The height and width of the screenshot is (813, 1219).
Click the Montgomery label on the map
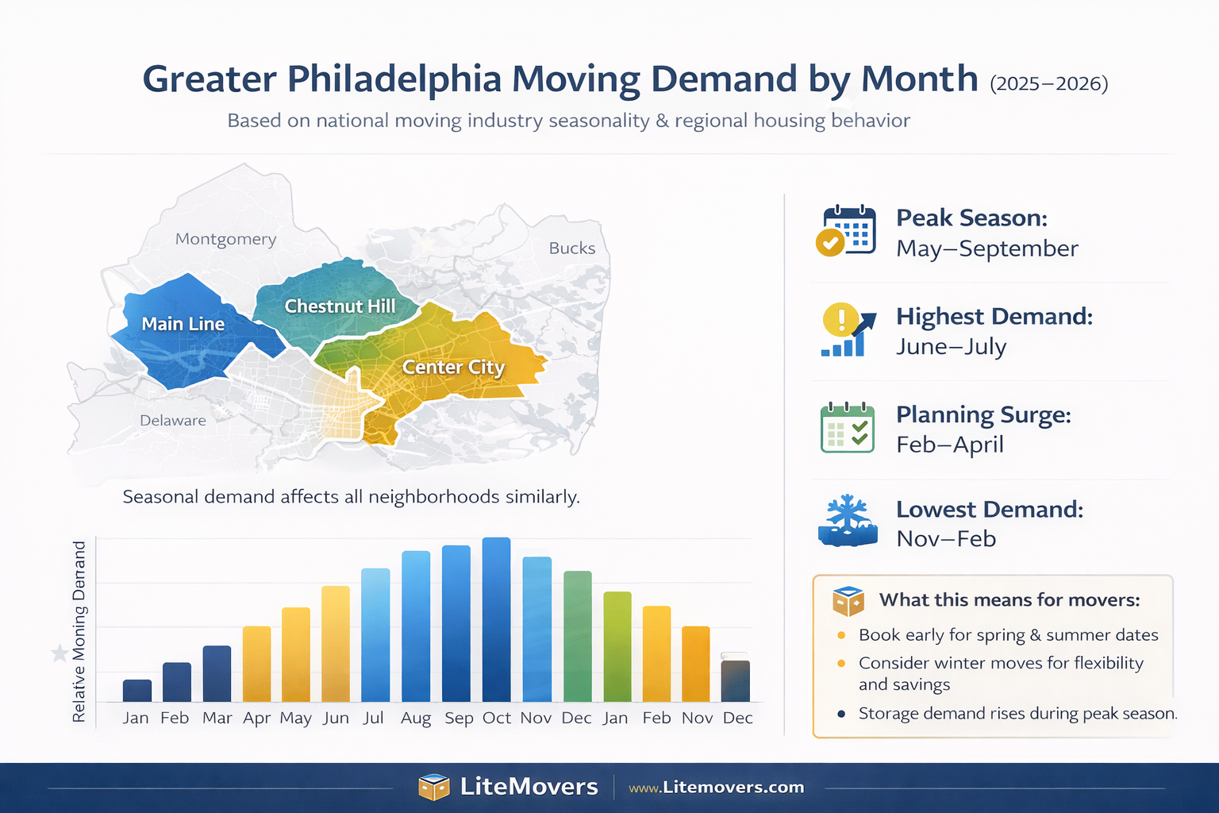225,239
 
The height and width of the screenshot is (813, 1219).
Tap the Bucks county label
571,248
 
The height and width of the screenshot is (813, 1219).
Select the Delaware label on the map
172,420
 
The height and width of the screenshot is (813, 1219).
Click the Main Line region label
183,324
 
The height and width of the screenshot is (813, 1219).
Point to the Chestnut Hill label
340,306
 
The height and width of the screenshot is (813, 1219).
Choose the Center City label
453,367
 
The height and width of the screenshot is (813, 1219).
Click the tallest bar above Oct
496,619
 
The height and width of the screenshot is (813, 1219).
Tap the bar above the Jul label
375,634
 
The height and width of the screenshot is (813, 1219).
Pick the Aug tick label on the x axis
416,719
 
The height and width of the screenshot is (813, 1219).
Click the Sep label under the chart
459,719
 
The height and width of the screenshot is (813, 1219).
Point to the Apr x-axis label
256,719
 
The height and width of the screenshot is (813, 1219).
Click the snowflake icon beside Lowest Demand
848,522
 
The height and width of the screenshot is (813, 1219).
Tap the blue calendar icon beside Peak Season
848,230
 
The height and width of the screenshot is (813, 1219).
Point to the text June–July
951,347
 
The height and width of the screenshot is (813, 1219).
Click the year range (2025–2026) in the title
1048,83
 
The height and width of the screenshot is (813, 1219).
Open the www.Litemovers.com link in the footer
716,788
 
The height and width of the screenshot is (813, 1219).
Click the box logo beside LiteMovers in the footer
433,787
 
